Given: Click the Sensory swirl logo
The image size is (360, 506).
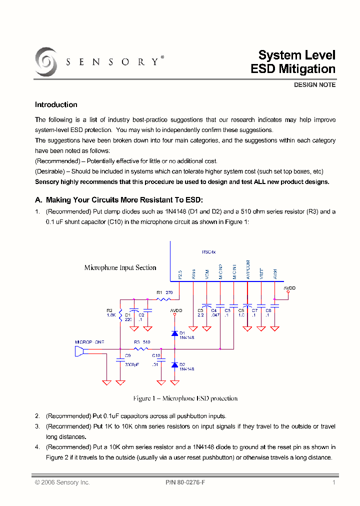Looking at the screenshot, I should pyautogui.click(x=46, y=62).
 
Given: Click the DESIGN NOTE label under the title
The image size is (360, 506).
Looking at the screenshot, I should pyautogui.click(x=314, y=85).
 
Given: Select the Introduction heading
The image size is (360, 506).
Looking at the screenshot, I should pyautogui.click(x=56, y=105).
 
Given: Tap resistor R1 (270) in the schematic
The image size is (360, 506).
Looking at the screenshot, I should pyautogui.click(x=164, y=299).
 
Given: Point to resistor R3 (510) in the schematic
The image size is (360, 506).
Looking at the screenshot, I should pyautogui.click(x=141, y=348).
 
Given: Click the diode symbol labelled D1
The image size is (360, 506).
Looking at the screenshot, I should pyautogui.click(x=174, y=333).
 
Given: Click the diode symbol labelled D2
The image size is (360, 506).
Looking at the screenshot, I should pyautogui.click(x=174, y=365).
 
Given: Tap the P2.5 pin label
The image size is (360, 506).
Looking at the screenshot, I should pyautogui.click(x=180, y=274).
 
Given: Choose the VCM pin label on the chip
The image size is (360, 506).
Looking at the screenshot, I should pyautogui.click(x=207, y=274).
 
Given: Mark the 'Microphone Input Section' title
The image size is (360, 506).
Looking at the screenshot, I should pyautogui.click(x=120, y=267).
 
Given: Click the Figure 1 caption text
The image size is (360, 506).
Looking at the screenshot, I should pyautogui.click(x=185, y=398).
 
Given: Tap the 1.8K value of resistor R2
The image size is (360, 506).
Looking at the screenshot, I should pyautogui.click(x=111, y=315).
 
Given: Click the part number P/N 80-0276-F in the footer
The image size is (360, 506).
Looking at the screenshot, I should pyautogui.click(x=185, y=482).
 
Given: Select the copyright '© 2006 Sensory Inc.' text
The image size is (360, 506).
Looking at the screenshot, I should pyautogui.click(x=62, y=482).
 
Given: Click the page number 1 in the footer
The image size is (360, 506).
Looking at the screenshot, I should pyautogui.click(x=333, y=482).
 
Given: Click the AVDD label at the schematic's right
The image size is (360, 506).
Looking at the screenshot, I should pyautogui.click(x=289, y=288).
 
